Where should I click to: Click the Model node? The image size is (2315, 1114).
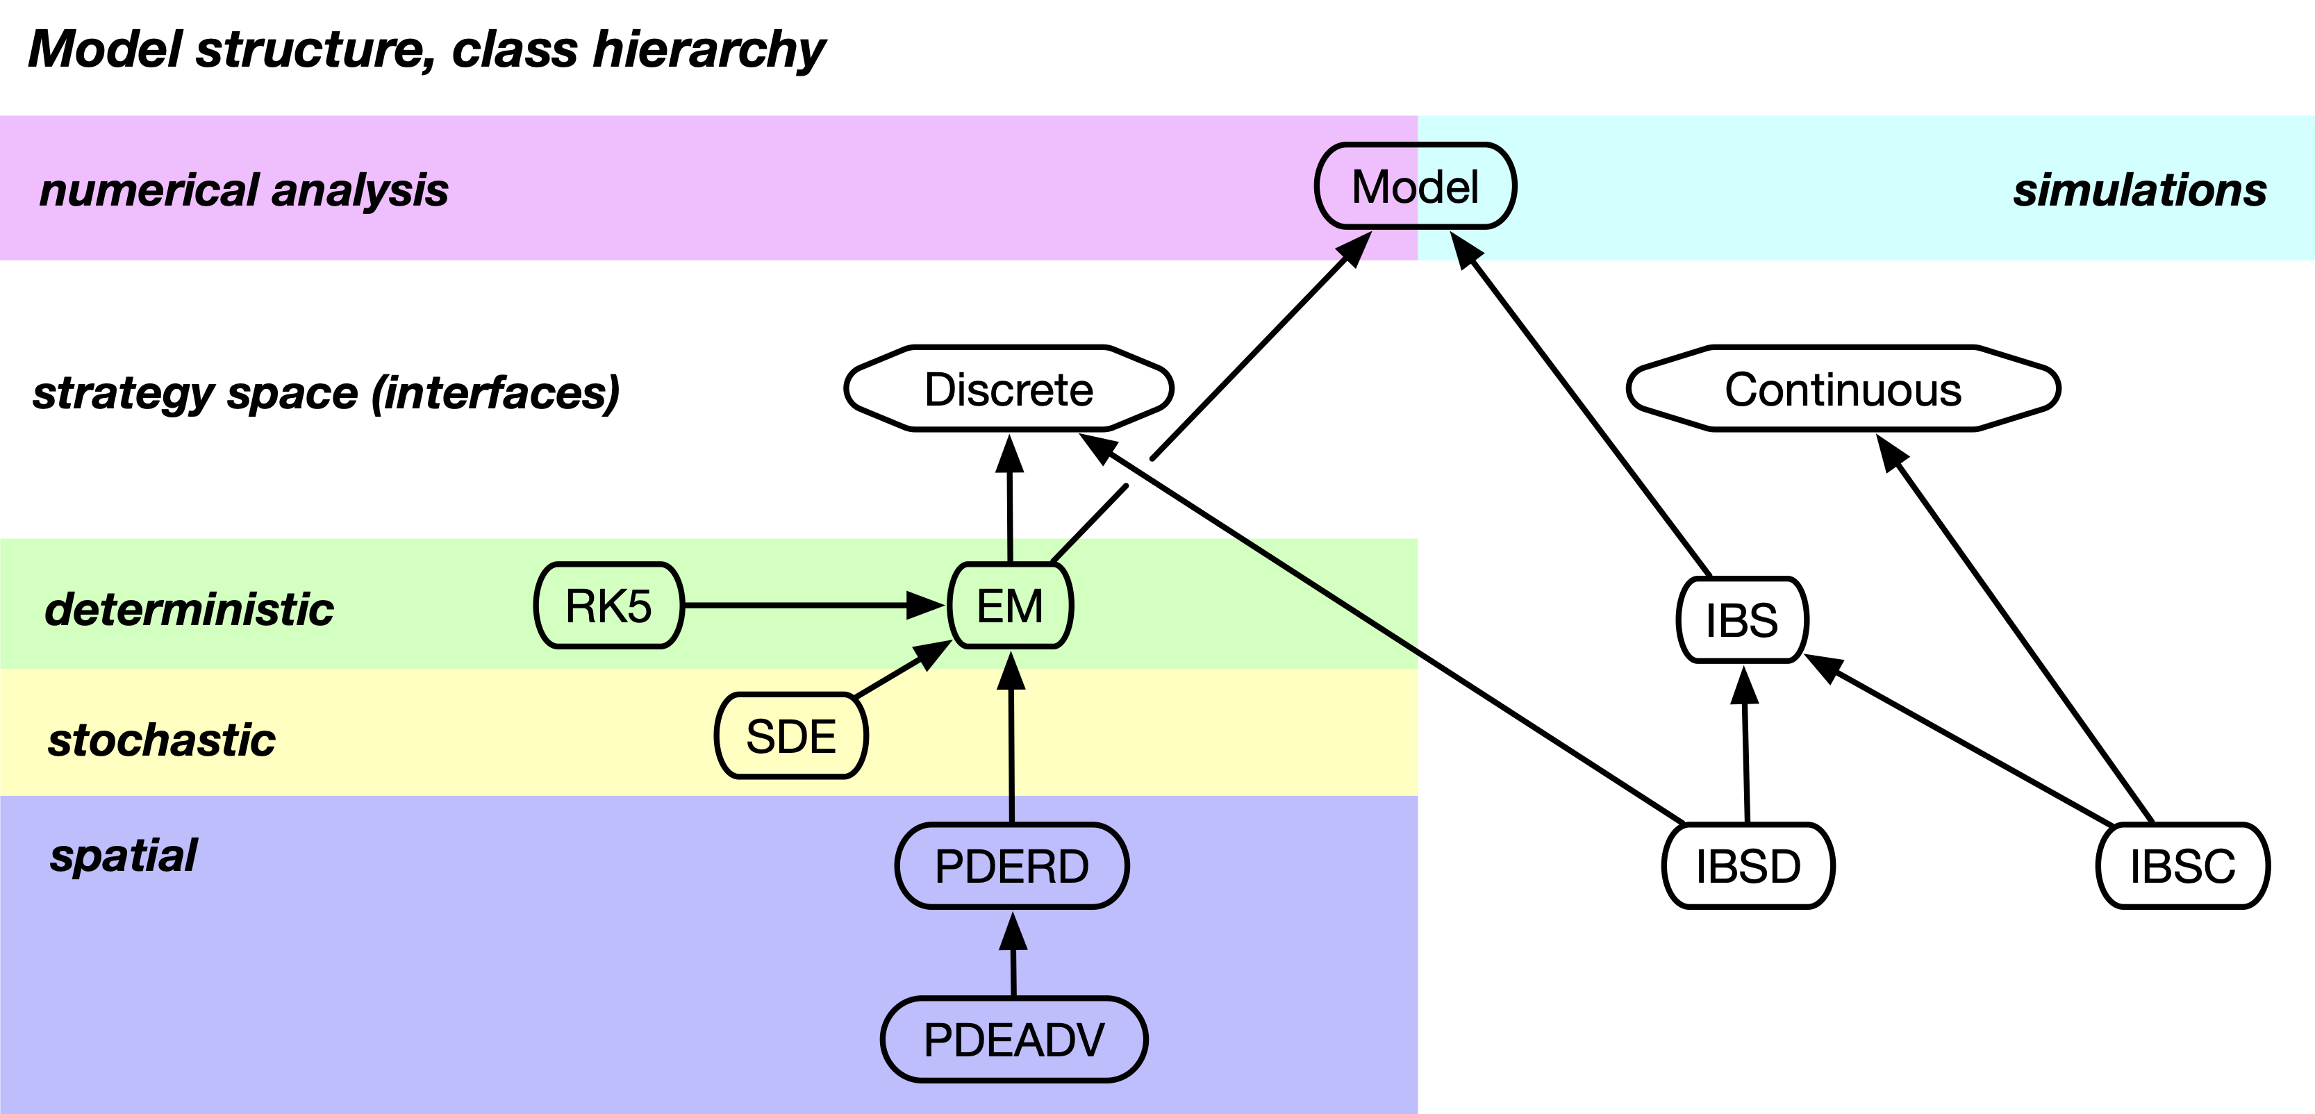[1416, 187]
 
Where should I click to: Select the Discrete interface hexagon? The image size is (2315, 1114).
[1009, 389]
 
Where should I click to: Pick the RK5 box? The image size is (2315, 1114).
[608, 606]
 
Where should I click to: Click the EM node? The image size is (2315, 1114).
[1010, 606]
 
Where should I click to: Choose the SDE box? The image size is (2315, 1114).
[791, 735]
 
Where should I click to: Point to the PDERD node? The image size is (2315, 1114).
[1012, 866]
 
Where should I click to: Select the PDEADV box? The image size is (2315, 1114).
[1013, 1040]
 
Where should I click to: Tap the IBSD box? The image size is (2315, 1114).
[1748, 866]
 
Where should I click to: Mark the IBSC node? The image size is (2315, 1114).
[2182, 866]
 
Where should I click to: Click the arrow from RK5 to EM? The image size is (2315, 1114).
[808, 606]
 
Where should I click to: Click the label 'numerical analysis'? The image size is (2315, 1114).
[244, 190]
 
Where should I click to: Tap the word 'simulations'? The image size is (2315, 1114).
[2139, 190]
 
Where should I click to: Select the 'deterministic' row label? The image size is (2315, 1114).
[190, 609]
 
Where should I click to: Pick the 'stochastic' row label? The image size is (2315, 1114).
[162, 740]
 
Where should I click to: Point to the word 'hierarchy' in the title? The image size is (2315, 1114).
[708, 49]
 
